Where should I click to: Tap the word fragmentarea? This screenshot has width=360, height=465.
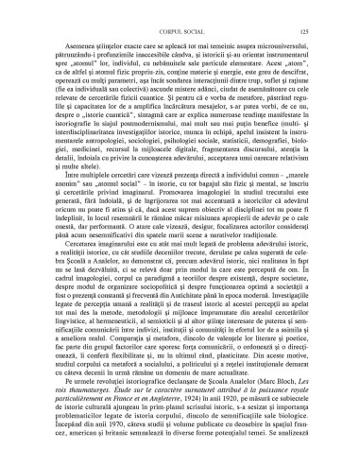click(221, 176)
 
